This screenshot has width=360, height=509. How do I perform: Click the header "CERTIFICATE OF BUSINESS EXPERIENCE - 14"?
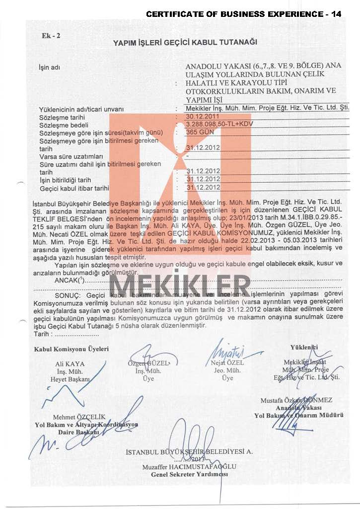[244, 14]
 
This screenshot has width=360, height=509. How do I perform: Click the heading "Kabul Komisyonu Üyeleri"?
[71, 349]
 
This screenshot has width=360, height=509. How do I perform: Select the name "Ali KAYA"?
[71, 364]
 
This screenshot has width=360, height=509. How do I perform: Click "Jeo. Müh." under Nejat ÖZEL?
[227, 370]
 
